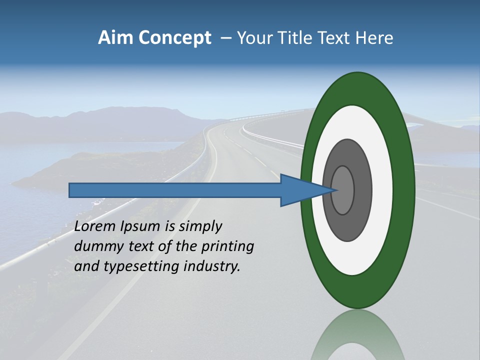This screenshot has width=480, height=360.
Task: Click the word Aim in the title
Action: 116,38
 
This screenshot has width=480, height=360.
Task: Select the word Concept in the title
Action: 174,38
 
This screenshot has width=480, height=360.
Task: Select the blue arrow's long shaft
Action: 175,190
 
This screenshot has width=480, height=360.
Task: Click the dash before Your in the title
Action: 226,38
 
